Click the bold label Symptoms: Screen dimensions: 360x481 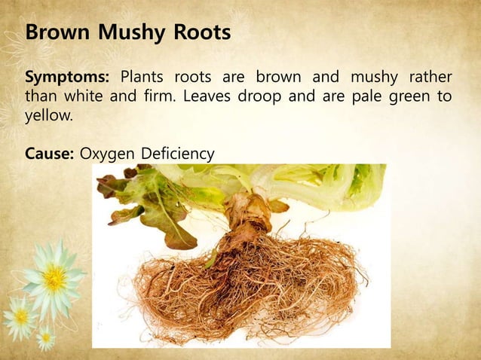click(68, 78)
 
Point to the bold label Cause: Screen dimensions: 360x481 click(50, 154)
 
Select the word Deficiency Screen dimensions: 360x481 click(176, 154)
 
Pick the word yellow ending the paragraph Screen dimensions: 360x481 click(44, 117)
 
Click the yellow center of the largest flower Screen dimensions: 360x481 click(54, 279)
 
